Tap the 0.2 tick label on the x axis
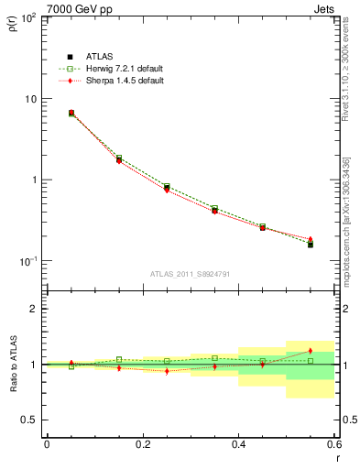(x=142, y=443)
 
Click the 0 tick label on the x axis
(x=47, y=443)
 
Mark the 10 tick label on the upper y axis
(x=31, y=99)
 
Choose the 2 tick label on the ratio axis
(x=35, y=309)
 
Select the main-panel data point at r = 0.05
(x=71, y=113)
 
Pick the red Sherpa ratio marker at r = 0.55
(x=311, y=351)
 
